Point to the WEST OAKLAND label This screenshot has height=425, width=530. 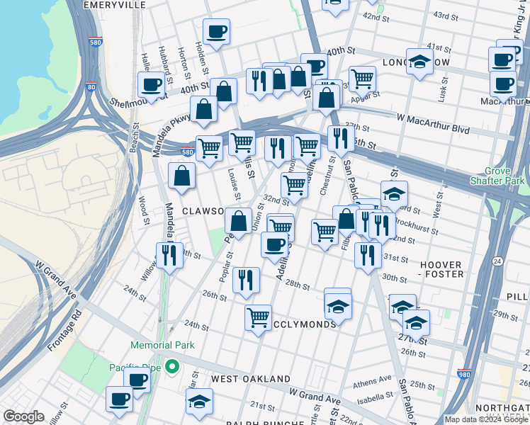(x=250, y=379)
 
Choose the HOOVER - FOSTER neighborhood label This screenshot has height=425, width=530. (x=441, y=268)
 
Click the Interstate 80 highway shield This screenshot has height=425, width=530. (x=91, y=87)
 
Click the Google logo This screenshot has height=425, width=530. (x=23, y=416)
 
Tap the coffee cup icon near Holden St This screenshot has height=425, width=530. (x=216, y=31)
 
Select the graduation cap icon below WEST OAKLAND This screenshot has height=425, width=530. (x=199, y=400)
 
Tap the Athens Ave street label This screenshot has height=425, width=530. (x=376, y=379)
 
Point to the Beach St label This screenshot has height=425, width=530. (x=135, y=142)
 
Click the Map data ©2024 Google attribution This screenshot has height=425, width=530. (x=485, y=419)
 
